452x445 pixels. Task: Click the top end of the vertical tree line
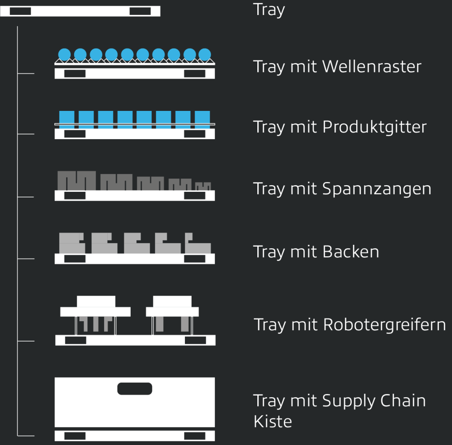[17, 27]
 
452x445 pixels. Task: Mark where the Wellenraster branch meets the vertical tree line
[17, 74]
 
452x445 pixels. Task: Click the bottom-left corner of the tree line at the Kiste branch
[17, 435]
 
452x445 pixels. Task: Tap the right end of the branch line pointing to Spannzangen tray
[34, 197]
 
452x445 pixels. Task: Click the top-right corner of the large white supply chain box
[215, 377]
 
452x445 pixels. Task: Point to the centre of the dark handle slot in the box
[135, 388]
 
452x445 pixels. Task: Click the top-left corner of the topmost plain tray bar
[0, 6]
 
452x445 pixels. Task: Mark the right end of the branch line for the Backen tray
[34, 259]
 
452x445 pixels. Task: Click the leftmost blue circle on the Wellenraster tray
[64, 54]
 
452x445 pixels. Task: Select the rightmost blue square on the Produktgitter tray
[202, 119]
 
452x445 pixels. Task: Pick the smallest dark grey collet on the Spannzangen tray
[203, 186]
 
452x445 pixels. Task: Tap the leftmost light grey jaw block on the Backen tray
[72, 243]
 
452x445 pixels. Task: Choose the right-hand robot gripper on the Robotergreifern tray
[173, 315]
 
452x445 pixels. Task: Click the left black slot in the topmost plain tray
[20, 11]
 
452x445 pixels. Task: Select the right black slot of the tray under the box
[195, 436]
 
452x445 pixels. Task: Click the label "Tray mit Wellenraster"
[337, 67]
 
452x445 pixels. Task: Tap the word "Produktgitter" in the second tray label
[374, 127]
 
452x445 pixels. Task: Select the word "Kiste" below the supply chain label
[273, 422]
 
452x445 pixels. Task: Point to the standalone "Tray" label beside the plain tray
[269, 10]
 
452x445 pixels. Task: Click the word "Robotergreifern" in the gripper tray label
[384, 325]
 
